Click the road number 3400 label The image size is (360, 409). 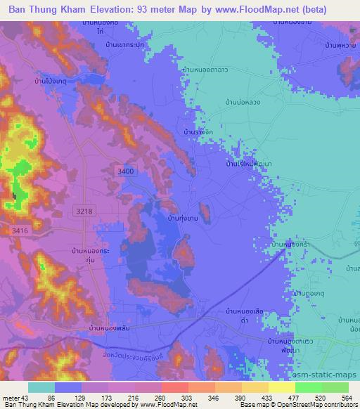pyautogui.click(x=125, y=171)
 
